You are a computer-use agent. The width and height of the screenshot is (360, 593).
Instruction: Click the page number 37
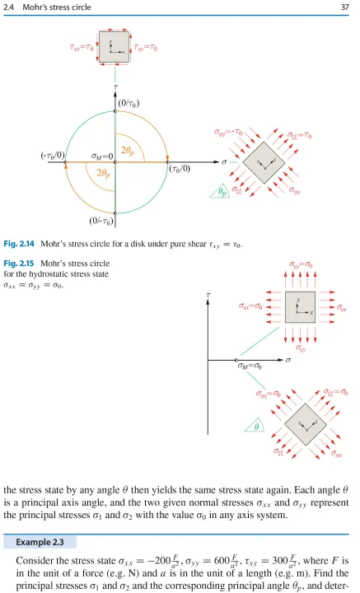click(x=344, y=7)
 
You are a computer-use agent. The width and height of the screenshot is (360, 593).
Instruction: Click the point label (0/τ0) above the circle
click(x=129, y=103)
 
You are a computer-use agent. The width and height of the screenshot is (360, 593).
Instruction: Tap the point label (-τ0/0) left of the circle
click(x=53, y=156)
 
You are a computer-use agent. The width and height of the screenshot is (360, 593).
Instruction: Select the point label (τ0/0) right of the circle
click(x=180, y=169)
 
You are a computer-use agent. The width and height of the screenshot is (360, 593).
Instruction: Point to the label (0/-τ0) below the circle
click(x=101, y=221)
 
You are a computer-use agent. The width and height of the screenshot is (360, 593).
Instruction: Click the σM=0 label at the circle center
click(x=102, y=156)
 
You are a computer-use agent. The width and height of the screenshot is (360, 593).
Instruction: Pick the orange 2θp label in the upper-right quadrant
click(x=128, y=151)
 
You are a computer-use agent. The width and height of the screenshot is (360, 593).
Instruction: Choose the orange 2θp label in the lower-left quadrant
click(x=103, y=174)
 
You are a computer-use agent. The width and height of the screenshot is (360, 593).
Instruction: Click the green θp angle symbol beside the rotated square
click(x=223, y=193)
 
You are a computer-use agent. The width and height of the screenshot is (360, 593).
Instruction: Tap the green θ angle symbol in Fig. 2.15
click(x=256, y=427)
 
